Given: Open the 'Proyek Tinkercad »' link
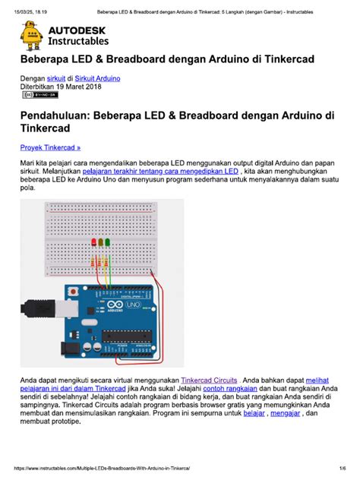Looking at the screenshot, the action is tap(51, 147).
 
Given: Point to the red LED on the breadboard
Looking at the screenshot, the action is tap(93, 242).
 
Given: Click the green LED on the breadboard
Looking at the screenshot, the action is tap(108, 242).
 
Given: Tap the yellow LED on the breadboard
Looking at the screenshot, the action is tap(101, 242).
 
